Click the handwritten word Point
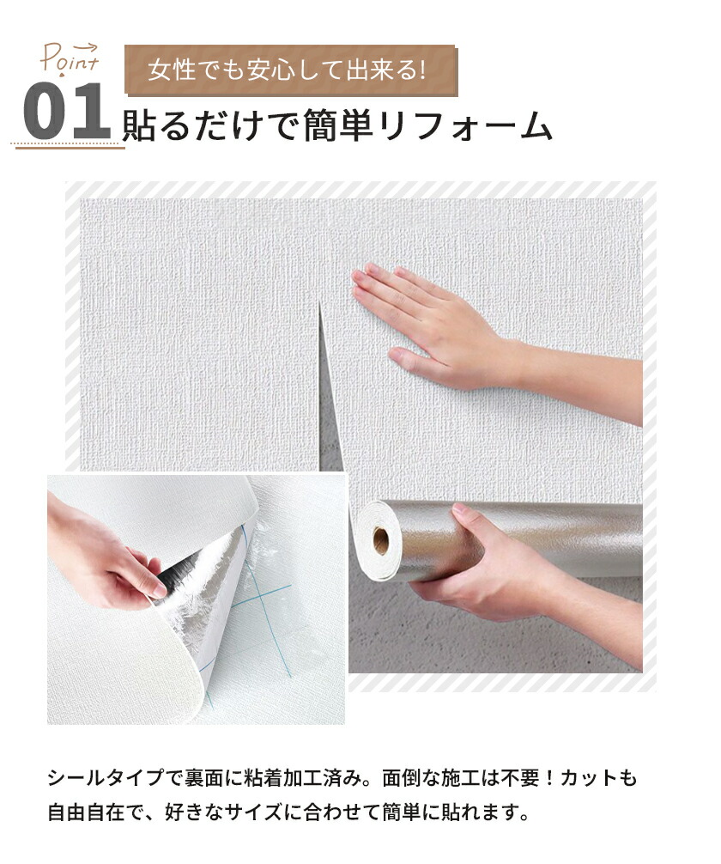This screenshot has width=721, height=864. point(69,59)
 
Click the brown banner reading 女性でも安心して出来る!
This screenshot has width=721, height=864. point(291,70)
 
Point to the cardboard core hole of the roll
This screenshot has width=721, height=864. point(380,540)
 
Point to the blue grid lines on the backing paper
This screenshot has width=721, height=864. point(264,606)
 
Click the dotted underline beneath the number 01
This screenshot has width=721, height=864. point(67,146)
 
